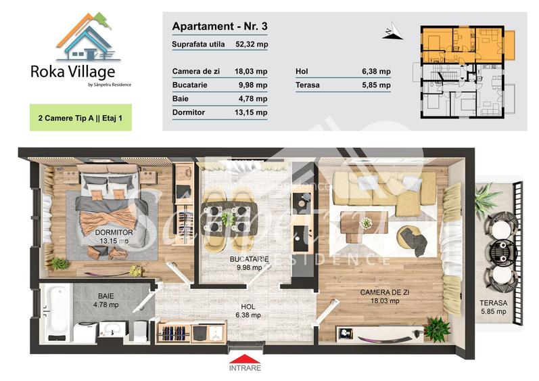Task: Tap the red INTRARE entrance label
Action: [245, 367]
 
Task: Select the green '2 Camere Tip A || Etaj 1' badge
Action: [80, 117]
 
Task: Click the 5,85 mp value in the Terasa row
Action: [376, 85]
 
